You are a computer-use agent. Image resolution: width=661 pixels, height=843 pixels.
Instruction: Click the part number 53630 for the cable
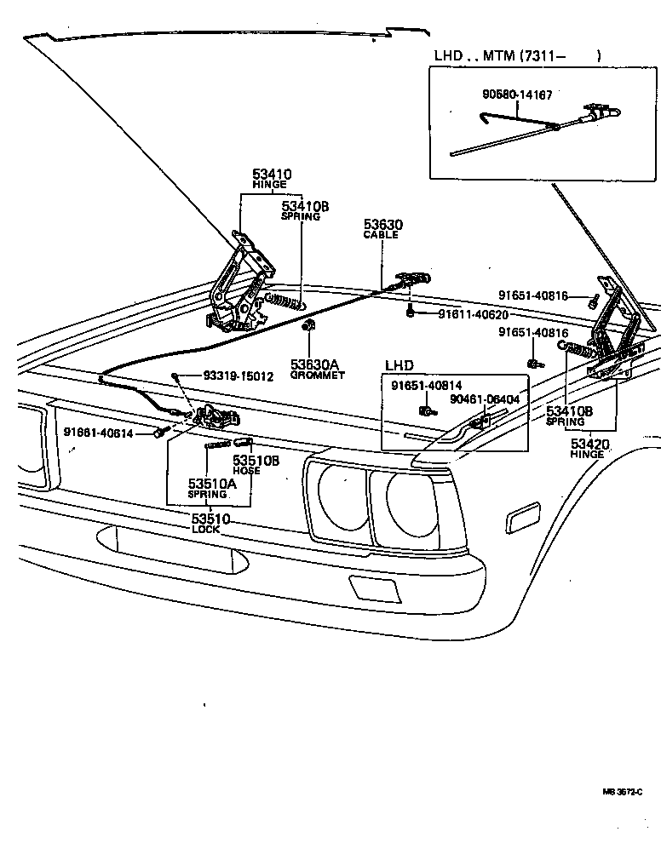[x=382, y=225]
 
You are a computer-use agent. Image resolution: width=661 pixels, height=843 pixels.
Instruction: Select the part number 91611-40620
[x=473, y=314]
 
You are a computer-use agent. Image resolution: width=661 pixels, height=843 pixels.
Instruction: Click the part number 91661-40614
[x=98, y=433]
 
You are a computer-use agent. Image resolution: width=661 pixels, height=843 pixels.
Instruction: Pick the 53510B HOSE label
[x=256, y=464]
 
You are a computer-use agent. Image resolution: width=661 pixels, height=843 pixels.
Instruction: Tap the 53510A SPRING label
[x=211, y=488]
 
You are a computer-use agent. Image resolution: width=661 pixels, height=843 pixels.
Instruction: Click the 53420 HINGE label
[x=587, y=448]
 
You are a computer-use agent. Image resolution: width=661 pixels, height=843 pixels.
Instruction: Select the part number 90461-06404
[x=485, y=398]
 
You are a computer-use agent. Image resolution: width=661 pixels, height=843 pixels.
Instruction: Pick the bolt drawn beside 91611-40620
[x=411, y=313]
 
